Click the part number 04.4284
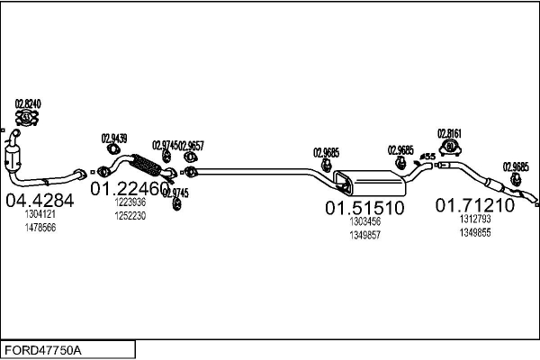coord(40,200)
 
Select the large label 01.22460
coord(130,188)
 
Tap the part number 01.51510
coord(364,208)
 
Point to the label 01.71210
coord(475,205)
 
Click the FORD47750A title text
coord(43,350)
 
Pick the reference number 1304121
coord(40,214)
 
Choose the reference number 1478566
coord(40,228)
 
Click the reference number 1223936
coord(130,202)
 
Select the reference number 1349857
coord(365,235)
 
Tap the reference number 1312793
coord(475,219)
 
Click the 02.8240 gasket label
coord(28,103)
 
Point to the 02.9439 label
coord(114,139)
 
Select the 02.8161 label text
coord(449,133)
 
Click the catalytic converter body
coord(13,159)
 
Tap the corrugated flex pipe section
coord(147,165)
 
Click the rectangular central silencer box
coord(370,181)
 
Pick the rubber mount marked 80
coord(449,148)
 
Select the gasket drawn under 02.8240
coord(27,118)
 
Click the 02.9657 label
coord(192,146)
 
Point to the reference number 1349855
coord(475,233)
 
